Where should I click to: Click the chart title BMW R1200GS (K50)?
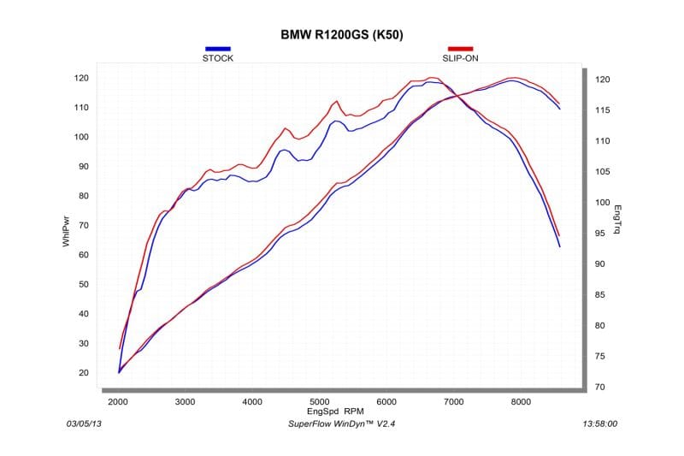pyautogui.click(x=342, y=35)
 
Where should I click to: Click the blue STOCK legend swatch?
pyautogui.click(x=217, y=49)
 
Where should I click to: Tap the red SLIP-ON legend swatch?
pyautogui.click(x=461, y=49)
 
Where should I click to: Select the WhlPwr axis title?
pyautogui.click(x=66, y=232)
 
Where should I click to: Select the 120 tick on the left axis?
pyautogui.click(x=81, y=78)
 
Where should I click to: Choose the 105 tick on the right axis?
pyautogui.click(x=602, y=172)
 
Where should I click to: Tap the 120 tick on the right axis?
pyautogui.click(x=602, y=80)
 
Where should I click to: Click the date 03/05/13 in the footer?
pyautogui.click(x=84, y=423)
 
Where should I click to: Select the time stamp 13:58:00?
pyautogui.click(x=599, y=423)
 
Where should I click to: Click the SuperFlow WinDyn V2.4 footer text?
pyautogui.click(x=340, y=423)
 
